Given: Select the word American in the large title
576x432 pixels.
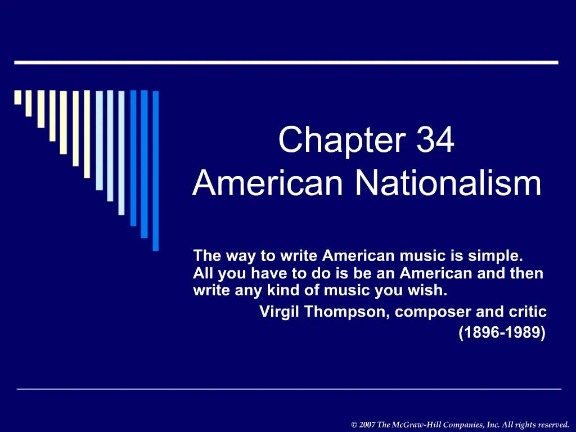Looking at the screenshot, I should click(268, 183).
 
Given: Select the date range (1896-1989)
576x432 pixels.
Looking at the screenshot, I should click(502, 332).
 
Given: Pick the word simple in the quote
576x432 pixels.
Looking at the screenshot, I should click(501, 256).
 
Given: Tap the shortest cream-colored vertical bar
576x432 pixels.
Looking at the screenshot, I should click(17, 97).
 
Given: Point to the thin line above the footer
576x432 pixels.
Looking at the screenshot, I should click(289, 389).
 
